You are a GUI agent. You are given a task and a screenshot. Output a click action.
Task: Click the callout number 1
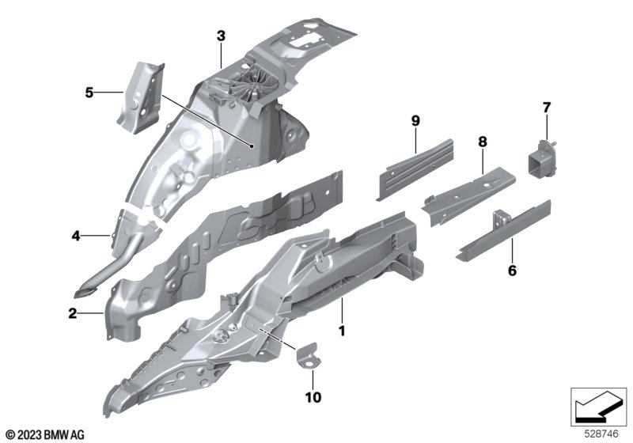coord(342,328)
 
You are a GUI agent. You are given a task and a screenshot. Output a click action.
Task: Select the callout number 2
coord(72,314)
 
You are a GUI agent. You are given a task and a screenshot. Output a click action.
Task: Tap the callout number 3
coord(221,36)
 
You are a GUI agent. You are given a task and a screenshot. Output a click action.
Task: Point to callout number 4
coord(76,235)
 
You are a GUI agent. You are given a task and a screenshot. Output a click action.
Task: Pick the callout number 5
coord(89,93)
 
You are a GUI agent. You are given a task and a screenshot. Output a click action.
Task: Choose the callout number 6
coord(511,271)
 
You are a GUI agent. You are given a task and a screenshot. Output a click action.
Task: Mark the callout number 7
coord(545,107)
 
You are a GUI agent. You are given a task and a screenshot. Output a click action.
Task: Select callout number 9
coord(415,120)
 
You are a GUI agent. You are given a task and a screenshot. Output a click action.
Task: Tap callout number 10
coord(313,396)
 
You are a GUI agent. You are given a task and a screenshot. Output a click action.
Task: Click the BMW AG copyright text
coord(44,434)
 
